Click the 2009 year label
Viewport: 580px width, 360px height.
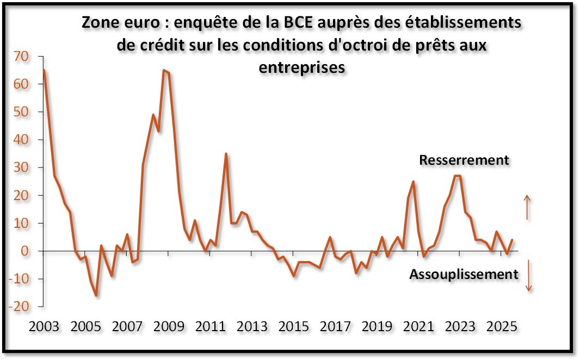pos(168,328)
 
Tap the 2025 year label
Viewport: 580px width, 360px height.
pos(502,328)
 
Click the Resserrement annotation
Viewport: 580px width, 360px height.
pos(464,160)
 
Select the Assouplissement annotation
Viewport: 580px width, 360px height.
pos(464,274)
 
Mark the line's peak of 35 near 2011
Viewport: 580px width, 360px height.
pos(226,154)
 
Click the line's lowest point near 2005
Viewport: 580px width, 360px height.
pos(96,295)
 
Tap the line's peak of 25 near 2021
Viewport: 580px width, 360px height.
pos(414,182)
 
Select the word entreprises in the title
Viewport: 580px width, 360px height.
pos(301,67)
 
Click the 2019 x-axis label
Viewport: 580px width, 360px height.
pos(376,328)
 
